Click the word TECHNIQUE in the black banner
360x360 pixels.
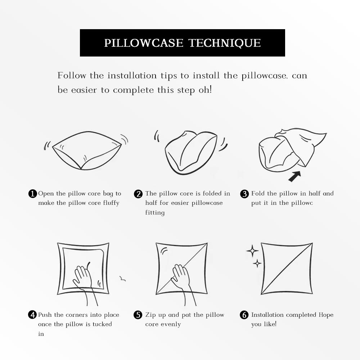click(225, 43)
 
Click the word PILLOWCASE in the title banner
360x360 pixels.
click(144, 43)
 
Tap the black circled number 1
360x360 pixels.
click(32, 194)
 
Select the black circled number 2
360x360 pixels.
click(138, 194)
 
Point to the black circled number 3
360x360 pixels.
click(244, 194)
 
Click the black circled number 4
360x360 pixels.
click(32, 315)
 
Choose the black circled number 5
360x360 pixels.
click(138, 315)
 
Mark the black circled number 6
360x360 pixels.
click(244, 315)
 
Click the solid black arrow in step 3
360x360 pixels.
click(295, 176)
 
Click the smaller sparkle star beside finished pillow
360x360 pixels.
click(257, 264)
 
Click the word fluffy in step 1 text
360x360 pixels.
click(111, 203)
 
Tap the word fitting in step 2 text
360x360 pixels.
click(155, 213)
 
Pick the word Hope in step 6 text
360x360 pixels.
click(326, 315)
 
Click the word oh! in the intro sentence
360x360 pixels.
click(205, 90)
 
